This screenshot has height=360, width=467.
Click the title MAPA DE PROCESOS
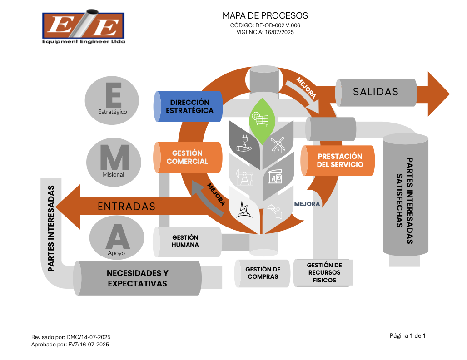(265, 16)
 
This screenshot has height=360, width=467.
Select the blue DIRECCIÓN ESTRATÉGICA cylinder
(189, 107)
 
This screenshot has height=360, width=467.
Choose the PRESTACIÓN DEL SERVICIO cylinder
(339, 160)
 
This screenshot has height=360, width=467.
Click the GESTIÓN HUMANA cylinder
(186, 241)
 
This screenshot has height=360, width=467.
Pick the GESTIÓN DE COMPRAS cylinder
(263, 273)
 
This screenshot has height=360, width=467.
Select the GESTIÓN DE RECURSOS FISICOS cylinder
(324, 272)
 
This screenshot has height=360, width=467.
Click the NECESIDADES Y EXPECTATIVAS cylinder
(137, 278)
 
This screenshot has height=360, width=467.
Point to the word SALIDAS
(376, 92)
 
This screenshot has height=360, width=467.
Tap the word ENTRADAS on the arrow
(127, 207)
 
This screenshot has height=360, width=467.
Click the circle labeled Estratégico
(112, 100)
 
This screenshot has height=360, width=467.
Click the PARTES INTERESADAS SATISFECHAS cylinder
(405, 195)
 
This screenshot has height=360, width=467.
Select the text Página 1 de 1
(407, 336)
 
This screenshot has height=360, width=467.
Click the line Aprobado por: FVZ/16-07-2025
(70, 345)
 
